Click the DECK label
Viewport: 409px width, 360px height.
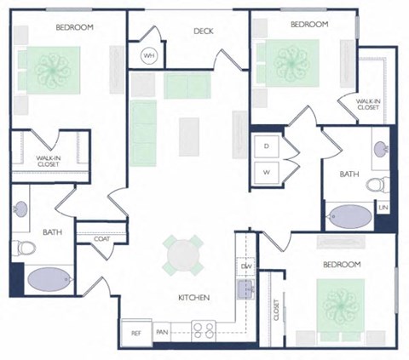point(203,31)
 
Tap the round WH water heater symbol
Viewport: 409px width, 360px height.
point(149,56)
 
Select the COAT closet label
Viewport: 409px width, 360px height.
point(103,239)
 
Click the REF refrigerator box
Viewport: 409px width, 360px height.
point(135,333)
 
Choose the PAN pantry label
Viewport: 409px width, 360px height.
point(162,333)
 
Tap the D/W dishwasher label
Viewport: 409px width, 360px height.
point(246,266)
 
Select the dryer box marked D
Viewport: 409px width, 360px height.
point(267,146)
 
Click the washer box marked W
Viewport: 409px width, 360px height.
point(267,173)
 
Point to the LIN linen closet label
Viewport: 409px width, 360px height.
point(383,207)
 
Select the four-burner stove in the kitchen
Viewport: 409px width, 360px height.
point(204,330)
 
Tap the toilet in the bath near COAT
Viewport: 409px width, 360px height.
point(26,249)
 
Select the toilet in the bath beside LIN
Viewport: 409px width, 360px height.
point(382,181)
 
